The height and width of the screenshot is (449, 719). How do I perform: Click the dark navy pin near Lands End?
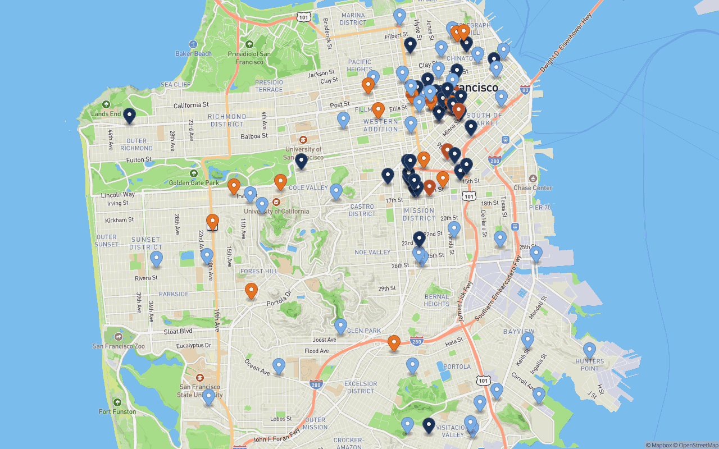[129, 116]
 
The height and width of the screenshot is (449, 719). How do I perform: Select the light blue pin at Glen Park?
[340, 326]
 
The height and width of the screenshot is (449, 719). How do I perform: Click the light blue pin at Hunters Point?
[589, 350]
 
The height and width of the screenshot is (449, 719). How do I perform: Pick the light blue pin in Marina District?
[399, 16]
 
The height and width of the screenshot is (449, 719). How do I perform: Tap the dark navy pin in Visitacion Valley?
[429, 425]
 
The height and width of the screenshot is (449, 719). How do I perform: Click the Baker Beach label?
[193, 54]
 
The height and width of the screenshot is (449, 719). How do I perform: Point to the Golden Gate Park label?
[194, 183]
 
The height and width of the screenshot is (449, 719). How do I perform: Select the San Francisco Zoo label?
[119, 346]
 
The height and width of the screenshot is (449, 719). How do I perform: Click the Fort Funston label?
[117, 411]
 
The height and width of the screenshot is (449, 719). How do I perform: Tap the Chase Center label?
[533, 188]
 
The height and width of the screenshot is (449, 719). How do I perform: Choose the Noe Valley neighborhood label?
[372, 252]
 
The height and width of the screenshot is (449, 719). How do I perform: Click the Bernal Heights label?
[436, 300]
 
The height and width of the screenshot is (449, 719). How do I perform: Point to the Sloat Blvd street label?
[178, 331]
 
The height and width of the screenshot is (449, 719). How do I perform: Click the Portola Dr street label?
[279, 298]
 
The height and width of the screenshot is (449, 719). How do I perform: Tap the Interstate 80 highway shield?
[525, 89]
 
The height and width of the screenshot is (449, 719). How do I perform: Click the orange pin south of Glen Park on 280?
[394, 342]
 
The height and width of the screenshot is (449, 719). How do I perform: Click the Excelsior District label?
[361, 387]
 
